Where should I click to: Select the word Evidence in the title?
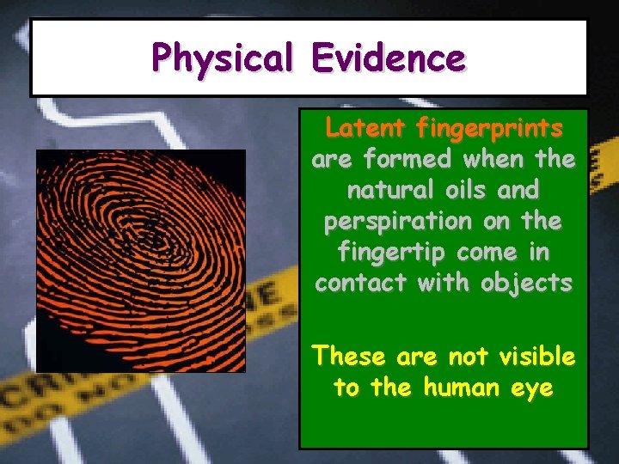coord(389,58)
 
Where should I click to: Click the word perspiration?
coord(395,221)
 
